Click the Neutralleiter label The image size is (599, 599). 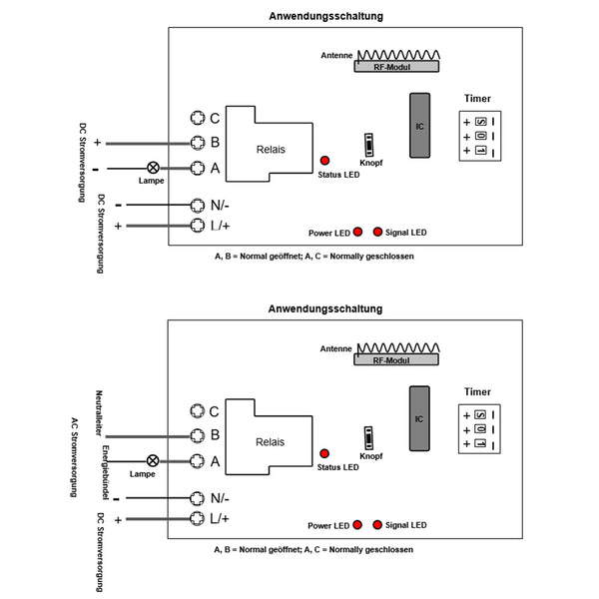pyautogui.click(x=99, y=411)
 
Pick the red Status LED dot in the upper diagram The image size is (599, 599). pyautogui.click(x=324, y=161)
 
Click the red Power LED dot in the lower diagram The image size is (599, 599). pyautogui.click(x=356, y=524)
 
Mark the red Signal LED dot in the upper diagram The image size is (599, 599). pyautogui.click(x=377, y=232)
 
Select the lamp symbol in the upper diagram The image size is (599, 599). pyautogui.click(x=154, y=168)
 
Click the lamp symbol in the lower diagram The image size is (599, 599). pyautogui.click(x=152, y=460)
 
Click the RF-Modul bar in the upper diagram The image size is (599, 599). pyautogui.click(x=397, y=67)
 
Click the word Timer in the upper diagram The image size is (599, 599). pyautogui.click(x=477, y=99)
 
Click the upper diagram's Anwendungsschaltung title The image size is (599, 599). pyautogui.click(x=325, y=16)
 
